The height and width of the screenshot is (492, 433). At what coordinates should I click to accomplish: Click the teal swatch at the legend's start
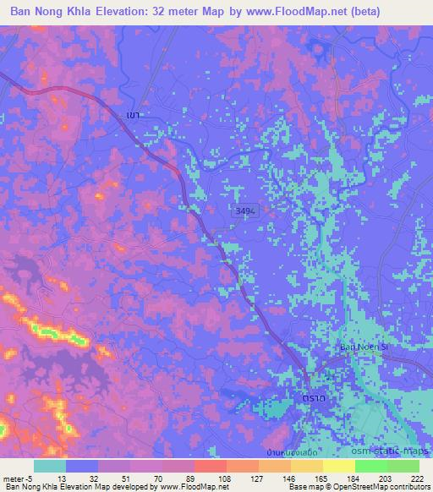point(49,466)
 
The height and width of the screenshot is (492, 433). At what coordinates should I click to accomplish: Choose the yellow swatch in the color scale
point(338,466)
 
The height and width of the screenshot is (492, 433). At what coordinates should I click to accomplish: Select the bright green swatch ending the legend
point(403,466)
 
